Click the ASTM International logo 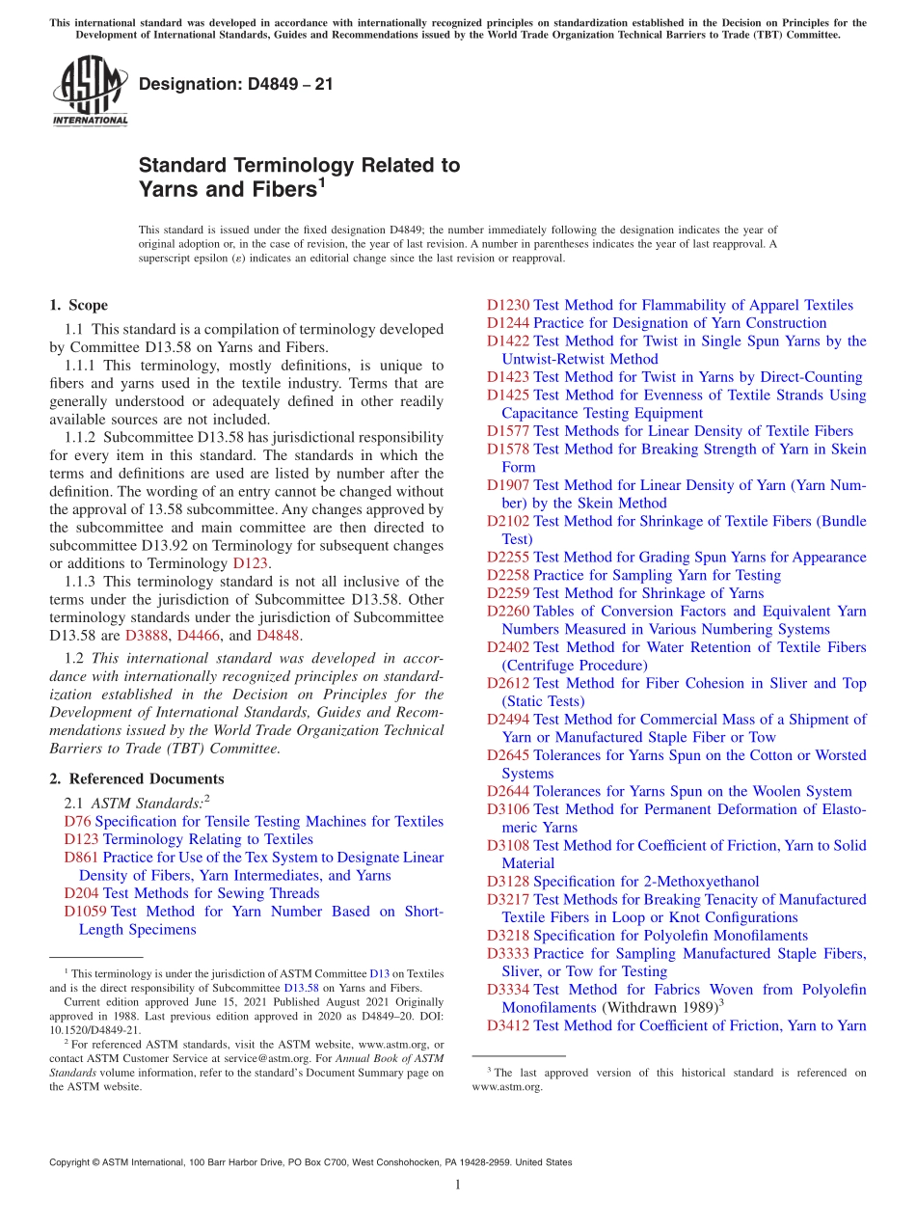tap(90, 91)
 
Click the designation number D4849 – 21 tap(236, 84)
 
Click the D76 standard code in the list tap(77, 821)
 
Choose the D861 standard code tap(81, 858)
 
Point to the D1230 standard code tap(508, 305)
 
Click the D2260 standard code tap(508, 611)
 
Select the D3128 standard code tap(508, 881)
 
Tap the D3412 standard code tap(508, 1025)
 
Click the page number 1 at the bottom tap(458, 1185)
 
